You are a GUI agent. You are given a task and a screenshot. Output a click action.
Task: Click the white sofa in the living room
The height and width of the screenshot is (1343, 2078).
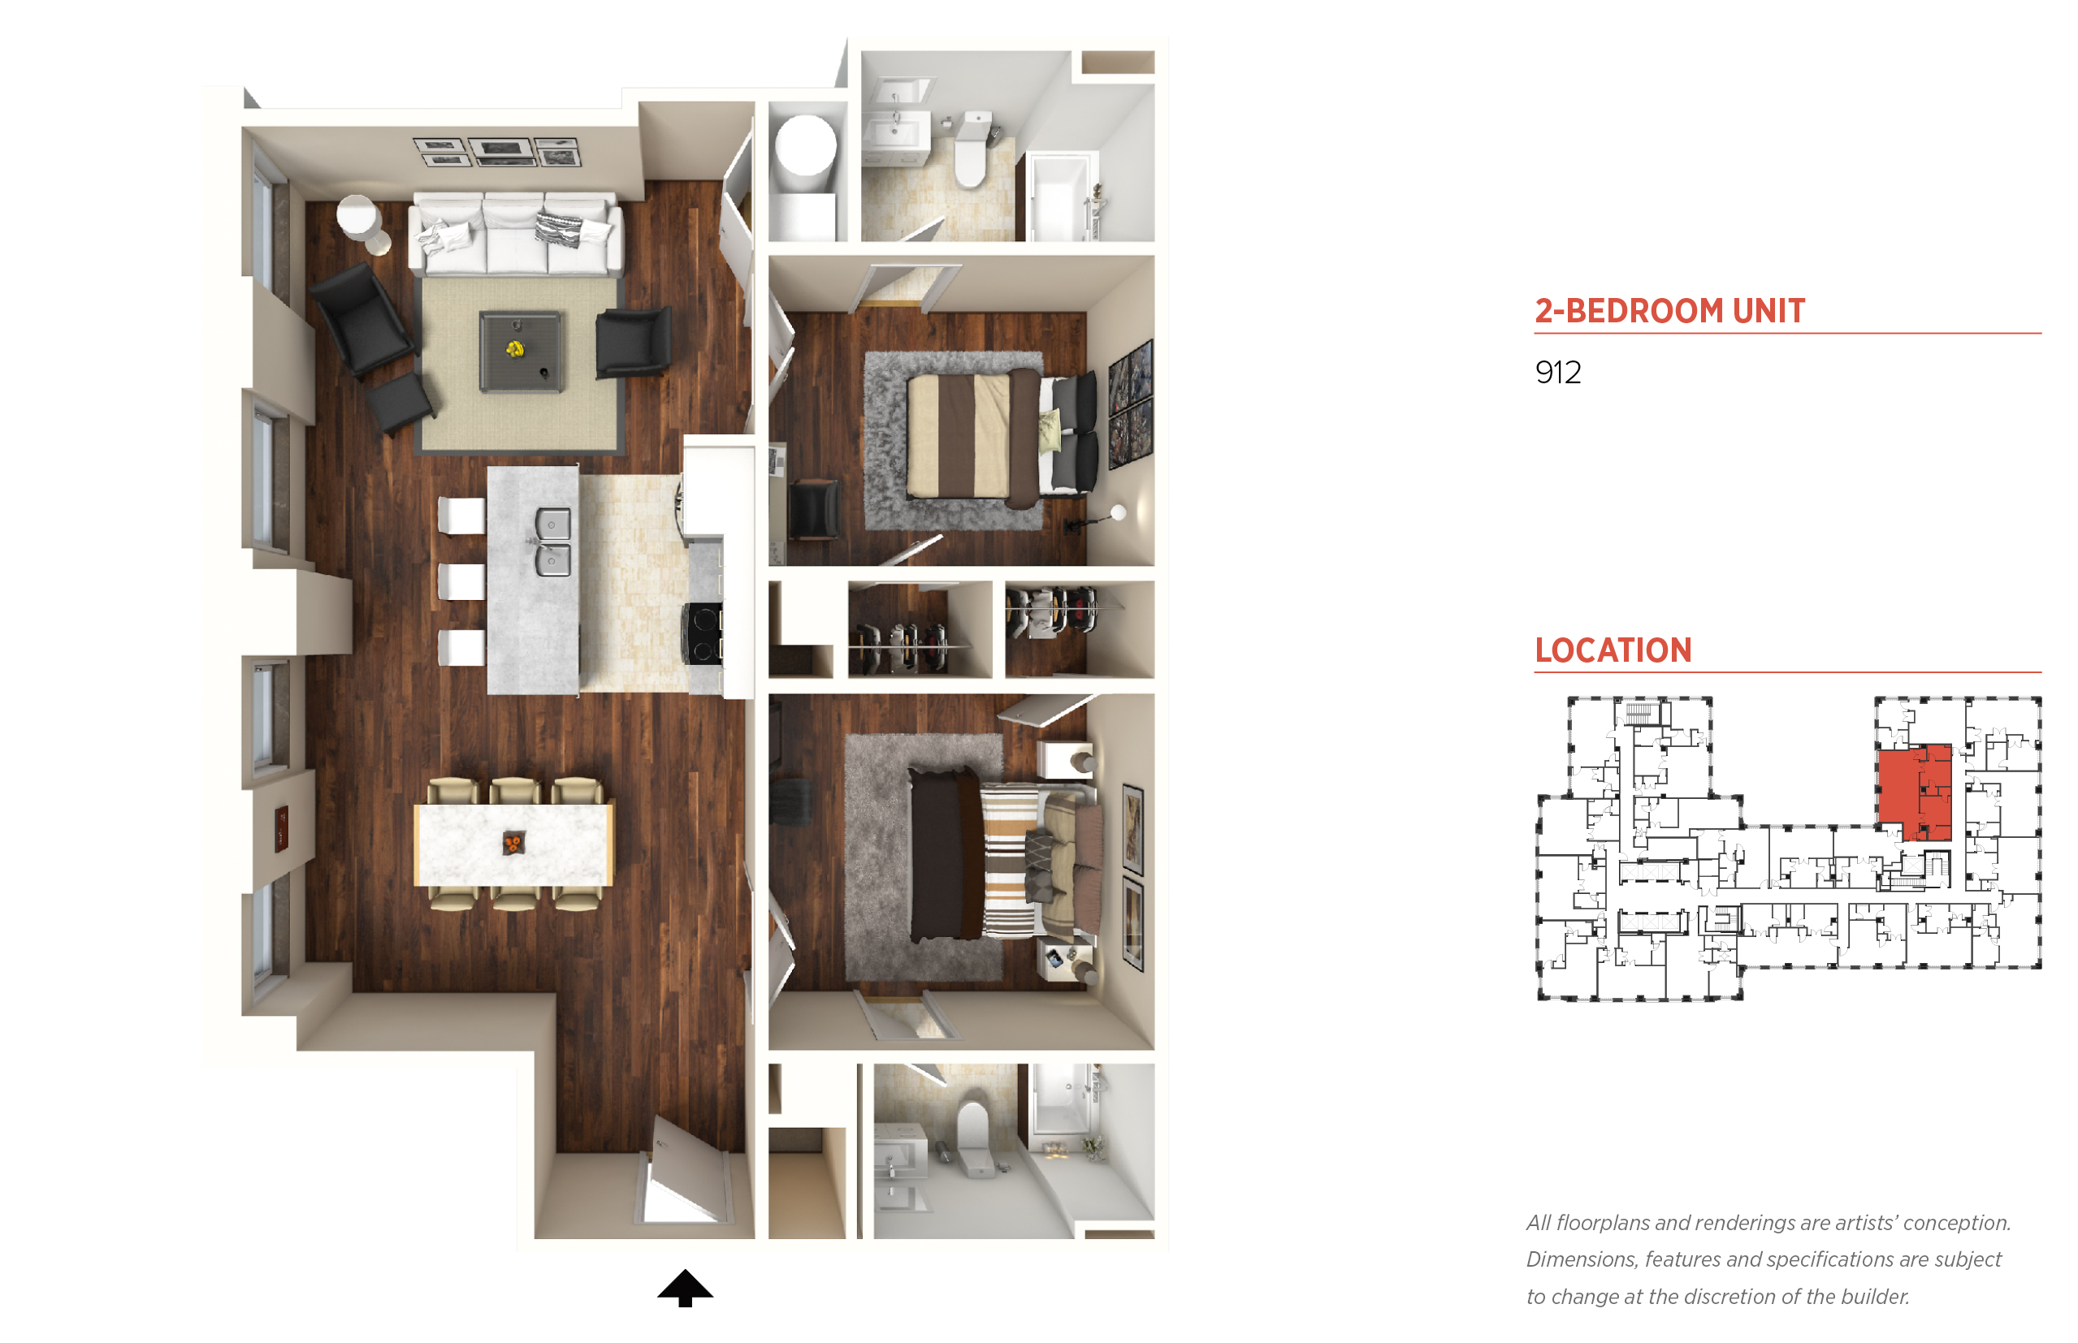(516, 233)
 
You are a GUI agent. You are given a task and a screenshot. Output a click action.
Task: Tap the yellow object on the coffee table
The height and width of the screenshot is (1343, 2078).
(516, 349)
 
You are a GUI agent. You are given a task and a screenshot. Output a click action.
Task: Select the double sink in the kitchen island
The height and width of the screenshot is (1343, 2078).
(552, 542)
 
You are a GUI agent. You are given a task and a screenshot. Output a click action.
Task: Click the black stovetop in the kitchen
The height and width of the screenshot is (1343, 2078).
(703, 634)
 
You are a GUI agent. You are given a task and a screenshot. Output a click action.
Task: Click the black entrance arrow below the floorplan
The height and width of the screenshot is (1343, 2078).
(685, 1287)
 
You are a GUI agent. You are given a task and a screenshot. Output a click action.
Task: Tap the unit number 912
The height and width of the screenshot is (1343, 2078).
(1557, 373)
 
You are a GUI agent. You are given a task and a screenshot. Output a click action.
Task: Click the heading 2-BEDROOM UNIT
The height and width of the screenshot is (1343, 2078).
(1669, 310)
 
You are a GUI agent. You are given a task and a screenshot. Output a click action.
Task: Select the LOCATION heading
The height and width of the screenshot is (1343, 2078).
(1613, 650)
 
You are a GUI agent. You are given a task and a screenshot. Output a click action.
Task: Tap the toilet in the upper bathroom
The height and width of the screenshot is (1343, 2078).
(972, 149)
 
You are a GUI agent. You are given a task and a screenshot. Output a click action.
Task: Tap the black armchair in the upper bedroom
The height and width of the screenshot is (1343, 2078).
(813, 510)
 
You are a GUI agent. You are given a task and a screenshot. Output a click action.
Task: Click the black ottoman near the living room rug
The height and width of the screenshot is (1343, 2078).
(400, 404)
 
